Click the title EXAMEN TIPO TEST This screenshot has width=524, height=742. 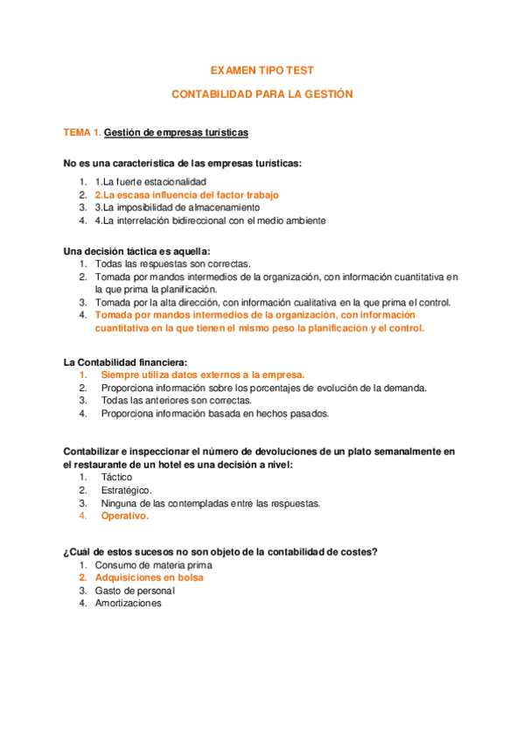(262, 69)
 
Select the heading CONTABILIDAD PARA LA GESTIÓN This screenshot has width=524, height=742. (262, 94)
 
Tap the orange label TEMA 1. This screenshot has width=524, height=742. (82, 133)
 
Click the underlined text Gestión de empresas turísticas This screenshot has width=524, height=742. (176, 133)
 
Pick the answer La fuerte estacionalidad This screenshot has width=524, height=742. (150, 180)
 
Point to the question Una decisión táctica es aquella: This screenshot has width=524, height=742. (136, 250)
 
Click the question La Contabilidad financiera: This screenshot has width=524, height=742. (125, 361)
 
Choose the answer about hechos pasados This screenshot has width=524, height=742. (214, 414)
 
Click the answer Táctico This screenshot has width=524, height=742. (116, 477)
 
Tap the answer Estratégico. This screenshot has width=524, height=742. (126, 490)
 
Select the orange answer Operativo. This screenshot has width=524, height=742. (124, 516)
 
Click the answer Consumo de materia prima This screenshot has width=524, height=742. (153, 565)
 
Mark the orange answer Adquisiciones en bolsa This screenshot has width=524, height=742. (149, 578)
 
